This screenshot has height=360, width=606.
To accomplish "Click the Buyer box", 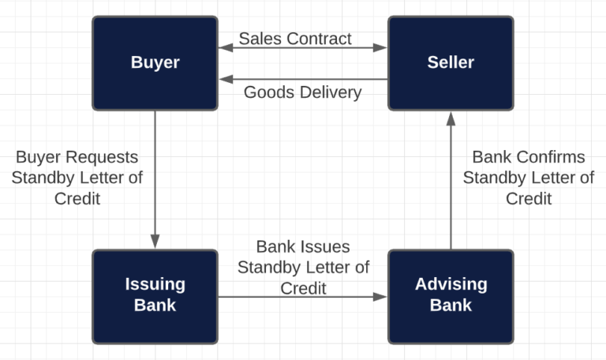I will pyautogui.click(x=155, y=63).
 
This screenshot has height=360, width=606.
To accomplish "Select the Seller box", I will pyautogui.click(x=450, y=63).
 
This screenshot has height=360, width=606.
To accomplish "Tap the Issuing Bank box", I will pyautogui.click(x=155, y=295).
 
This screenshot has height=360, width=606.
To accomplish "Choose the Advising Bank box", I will pyautogui.click(x=450, y=295).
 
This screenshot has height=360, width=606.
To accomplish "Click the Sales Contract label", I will pyautogui.click(x=295, y=38).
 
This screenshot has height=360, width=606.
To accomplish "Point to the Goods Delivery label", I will pyautogui.click(x=302, y=92).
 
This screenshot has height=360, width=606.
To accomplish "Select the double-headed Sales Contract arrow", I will pyautogui.click(x=302, y=49).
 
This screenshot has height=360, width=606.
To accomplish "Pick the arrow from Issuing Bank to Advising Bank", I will pyautogui.click(x=302, y=297).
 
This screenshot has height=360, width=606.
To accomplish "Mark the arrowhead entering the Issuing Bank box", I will pyautogui.click(x=155, y=242).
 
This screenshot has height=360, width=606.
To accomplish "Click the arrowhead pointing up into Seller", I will pyautogui.click(x=451, y=118).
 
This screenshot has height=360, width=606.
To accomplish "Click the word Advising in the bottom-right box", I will pyautogui.click(x=450, y=284).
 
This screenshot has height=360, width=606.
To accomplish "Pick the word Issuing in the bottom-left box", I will pyautogui.click(x=155, y=284).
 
